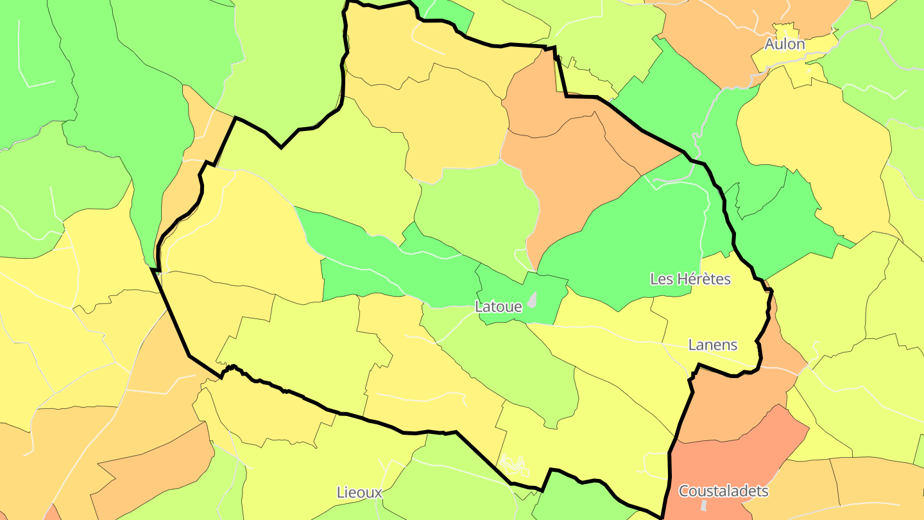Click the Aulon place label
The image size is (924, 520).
coord(784,44)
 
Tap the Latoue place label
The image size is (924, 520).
coord(498,307)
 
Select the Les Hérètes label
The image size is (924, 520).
coord(690,279)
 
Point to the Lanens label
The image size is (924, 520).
coord(712,345)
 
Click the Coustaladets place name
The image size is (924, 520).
coord(723,491)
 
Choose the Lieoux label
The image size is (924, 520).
coord(359,492)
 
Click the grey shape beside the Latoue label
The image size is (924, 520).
coord(532,299)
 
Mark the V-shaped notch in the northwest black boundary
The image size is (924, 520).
coord(281,147)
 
